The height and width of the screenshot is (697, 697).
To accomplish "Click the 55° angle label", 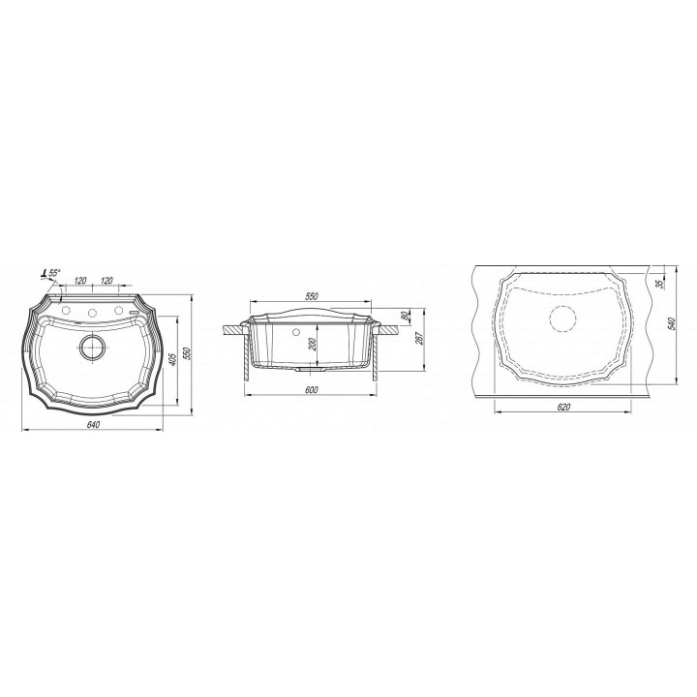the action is (x=54, y=273).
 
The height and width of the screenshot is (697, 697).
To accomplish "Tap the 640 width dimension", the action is (x=93, y=425).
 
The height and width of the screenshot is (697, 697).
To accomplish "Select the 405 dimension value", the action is (x=173, y=359).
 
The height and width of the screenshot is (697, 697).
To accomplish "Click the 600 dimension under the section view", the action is (x=312, y=390).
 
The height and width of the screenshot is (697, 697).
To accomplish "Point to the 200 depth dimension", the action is (x=312, y=345).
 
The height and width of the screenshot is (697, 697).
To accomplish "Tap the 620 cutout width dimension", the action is (x=562, y=408).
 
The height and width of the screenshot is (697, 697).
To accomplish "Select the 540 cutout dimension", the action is (x=671, y=323).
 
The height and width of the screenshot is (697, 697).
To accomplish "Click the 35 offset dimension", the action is (x=659, y=282).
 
